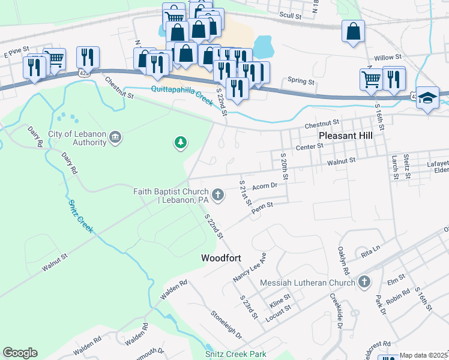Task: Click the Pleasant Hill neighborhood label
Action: pos(345,136)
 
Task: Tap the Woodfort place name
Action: pos(221,258)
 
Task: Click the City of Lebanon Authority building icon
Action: pos(116,139)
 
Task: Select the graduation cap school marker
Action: pos(428,98)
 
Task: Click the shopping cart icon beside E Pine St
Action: pos(54,59)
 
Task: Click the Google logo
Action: pos(20,353)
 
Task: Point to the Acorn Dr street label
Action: pos(265,186)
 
